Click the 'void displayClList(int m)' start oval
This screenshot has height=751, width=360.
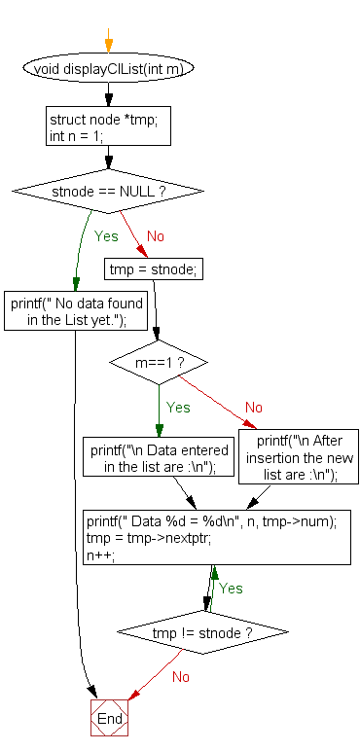(108, 69)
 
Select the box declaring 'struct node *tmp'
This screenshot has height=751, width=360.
(108, 126)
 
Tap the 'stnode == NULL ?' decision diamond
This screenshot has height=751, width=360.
(108, 192)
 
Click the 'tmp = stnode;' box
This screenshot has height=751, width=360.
(155, 269)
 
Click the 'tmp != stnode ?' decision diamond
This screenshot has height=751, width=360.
(203, 633)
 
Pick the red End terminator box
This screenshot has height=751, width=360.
(109, 719)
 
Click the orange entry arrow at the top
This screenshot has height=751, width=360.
(108, 44)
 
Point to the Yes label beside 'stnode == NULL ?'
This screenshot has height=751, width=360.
(106, 235)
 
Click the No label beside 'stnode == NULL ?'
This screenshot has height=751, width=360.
(155, 235)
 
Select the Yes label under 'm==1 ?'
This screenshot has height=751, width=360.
(179, 408)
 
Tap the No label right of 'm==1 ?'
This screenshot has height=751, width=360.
(253, 408)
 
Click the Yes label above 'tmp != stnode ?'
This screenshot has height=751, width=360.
(231, 589)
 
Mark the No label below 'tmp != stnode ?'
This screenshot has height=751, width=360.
(181, 676)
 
